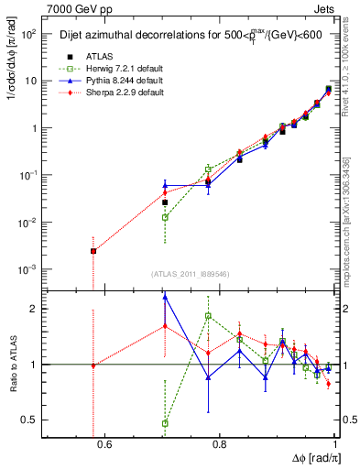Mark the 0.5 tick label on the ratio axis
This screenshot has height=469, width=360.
(29, 420)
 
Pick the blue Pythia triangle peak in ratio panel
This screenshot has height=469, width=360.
(165, 297)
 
